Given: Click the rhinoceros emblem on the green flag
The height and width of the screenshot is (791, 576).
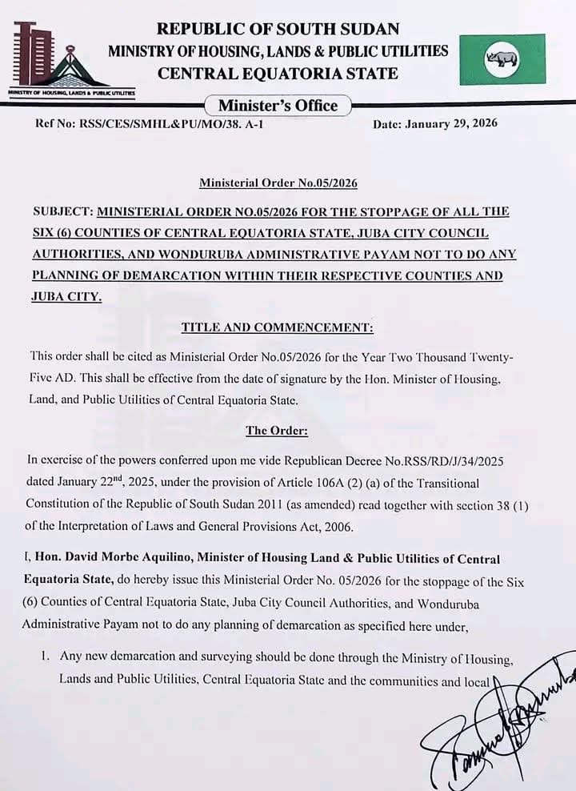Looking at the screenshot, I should tap(502, 58).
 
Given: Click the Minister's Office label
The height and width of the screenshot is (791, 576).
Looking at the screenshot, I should tap(278, 106).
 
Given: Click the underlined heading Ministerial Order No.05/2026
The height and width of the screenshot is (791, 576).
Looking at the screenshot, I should tap(278, 183).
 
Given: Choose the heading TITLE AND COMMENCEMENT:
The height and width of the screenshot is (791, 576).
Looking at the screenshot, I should tap(277, 327).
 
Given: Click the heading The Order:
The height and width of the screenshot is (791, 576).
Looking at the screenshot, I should tap(277, 430).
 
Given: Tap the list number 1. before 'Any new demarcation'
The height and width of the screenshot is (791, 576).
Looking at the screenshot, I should tap(46, 657).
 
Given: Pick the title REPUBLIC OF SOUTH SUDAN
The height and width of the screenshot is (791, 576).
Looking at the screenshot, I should tap(278, 30).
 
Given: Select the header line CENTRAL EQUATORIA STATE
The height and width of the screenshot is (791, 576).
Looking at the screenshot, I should tap(278, 74).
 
